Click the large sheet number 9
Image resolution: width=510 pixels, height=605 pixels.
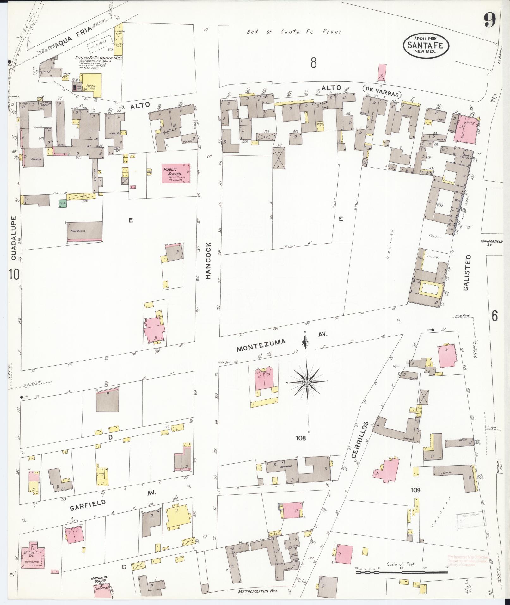tap(489, 22)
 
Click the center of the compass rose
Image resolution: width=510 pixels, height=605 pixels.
tap(307, 382)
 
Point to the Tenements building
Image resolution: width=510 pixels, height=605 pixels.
tap(85, 232)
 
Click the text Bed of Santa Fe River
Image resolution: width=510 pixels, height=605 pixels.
tap(294, 32)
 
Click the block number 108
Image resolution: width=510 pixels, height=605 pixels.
tap(301, 438)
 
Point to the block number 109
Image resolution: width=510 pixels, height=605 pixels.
tap(415, 490)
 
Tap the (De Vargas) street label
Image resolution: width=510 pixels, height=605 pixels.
tap(382, 95)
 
